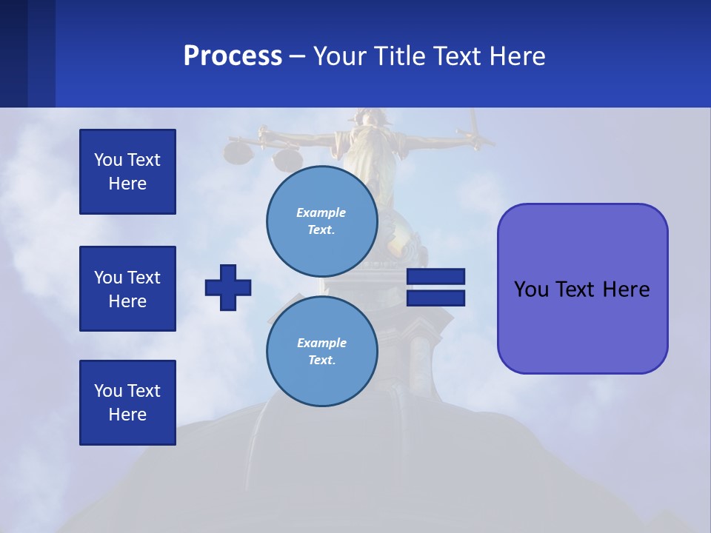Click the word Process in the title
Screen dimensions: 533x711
click(x=233, y=56)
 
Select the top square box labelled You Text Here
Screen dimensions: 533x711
click(x=127, y=172)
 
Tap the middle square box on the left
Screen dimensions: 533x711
click(x=127, y=289)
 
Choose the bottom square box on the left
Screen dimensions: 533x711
click(x=127, y=403)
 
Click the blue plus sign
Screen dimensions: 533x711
click(x=228, y=287)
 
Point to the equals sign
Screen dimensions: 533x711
click(x=435, y=287)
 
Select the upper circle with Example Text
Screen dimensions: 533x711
click(x=322, y=221)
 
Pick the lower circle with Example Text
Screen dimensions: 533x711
click(x=322, y=351)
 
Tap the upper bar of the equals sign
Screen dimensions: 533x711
click(x=435, y=276)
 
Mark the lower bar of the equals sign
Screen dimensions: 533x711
click(x=435, y=298)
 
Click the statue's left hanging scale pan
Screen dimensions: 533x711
click(x=238, y=153)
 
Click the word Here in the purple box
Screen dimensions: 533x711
click(x=626, y=289)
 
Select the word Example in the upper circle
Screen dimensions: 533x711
click(x=321, y=212)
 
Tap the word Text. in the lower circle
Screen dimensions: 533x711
click(x=321, y=360)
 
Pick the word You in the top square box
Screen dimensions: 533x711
click(x=108, y=160)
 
